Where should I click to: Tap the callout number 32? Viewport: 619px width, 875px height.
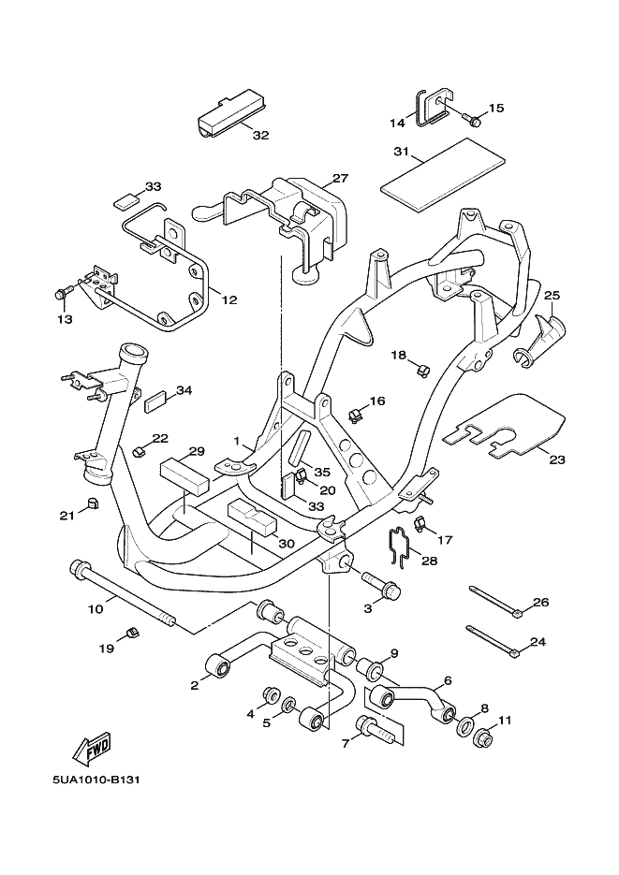pyautogui.click(x=260, y=135)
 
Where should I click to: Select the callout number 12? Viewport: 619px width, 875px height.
pyautogui.click(x=229, y=299)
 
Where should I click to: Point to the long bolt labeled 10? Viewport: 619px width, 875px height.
pyautogui.click(x=122, y=595)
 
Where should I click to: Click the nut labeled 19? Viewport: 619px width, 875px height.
pyautogui.click(x=131, y=634)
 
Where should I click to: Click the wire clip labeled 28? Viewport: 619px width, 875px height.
pyautogui.click(x=400, y=547)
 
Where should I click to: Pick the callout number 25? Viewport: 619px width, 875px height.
pyautogui.click(x=552, y=297)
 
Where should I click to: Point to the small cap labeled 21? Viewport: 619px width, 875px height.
pyautogui.click(x=93, y=505)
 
